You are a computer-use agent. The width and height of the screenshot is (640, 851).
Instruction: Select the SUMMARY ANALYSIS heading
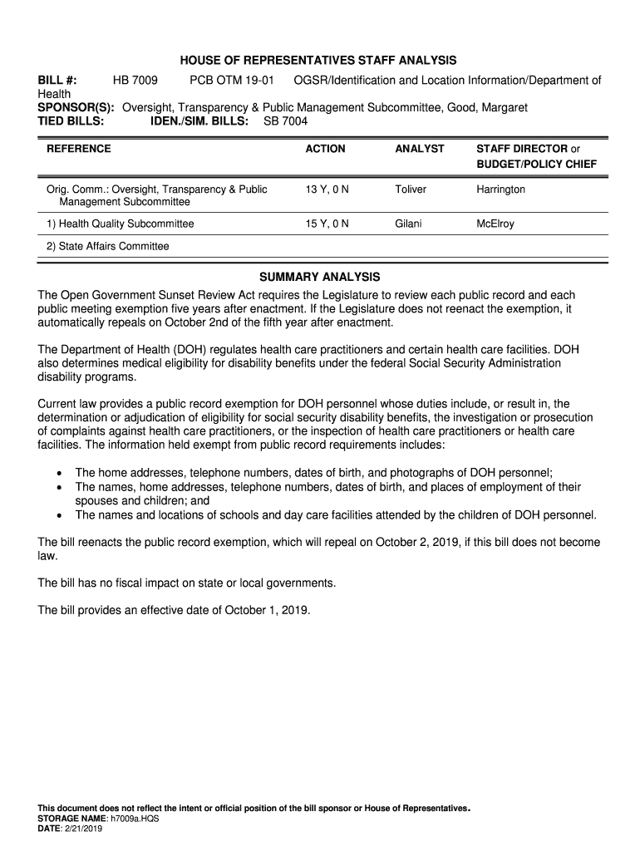click(x=319, y=277)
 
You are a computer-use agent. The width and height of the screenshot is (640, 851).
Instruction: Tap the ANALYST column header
click(x=420, y=149)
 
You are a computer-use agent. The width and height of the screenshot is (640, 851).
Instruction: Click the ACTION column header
click(x=325, y=149)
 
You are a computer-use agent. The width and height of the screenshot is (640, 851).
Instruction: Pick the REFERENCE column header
click(x=78, y=149)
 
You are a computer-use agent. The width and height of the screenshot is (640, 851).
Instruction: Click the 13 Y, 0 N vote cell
click(x=327, y=189)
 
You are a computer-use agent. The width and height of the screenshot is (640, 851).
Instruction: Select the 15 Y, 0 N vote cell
click(x=327, y=224)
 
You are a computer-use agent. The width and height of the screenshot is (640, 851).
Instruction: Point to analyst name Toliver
click(x=411, y=189)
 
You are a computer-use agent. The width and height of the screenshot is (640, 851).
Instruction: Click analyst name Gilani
click(x=409, y=224)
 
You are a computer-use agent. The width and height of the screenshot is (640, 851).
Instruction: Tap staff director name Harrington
click(x=500, y=189)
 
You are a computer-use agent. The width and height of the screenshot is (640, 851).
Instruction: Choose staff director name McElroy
click(x=495, y=224)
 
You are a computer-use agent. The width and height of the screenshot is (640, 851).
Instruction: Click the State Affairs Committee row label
click(x=107, y=246)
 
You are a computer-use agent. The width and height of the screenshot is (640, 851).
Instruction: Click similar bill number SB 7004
click(x=285, y=121)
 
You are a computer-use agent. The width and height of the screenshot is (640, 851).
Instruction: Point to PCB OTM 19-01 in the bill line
click(x=231, y=81)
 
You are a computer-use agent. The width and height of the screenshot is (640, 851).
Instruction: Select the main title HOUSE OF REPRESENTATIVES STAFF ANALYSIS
click(x=319, y=61)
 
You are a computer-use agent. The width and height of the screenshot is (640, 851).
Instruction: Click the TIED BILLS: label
click(x=71, y=121)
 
